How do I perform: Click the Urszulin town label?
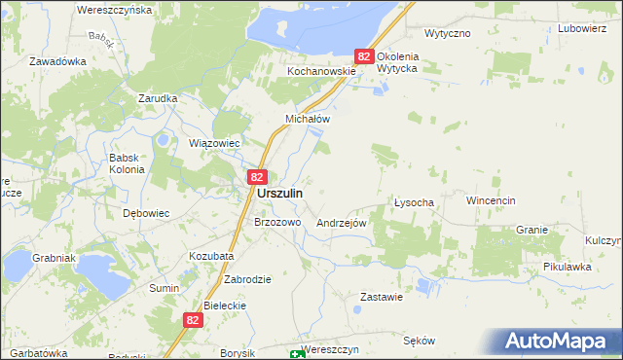point(279,194)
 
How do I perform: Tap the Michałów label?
point(308,119)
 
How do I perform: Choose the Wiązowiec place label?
point(213,142)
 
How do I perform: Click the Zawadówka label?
point(57,60)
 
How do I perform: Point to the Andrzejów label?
point(341,223)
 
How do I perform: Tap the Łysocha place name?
point(420,202)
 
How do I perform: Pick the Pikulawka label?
point(568,267)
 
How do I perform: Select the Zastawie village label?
point(382,297)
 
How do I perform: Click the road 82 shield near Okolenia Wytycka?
point(364,57)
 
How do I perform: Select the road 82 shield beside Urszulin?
point(256,176)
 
